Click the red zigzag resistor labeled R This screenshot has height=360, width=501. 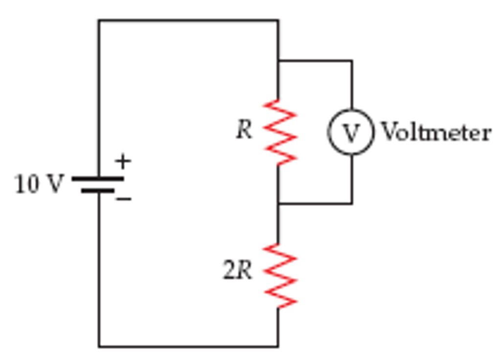pos(280,132)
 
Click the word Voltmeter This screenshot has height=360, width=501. pos(435,133)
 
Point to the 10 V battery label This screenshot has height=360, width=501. pos(39,184)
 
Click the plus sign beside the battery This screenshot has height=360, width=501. pos(123,161)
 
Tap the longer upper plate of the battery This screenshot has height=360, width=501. pos(98,179)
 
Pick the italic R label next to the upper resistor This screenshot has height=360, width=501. pos(244,130)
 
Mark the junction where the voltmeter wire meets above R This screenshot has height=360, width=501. pos(278,61)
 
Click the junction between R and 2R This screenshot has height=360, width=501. pos(278,203)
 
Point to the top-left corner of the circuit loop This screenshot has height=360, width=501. pos(99,21)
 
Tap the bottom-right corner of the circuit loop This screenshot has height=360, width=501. pos(278,347)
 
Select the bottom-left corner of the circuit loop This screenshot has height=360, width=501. pos(99,347)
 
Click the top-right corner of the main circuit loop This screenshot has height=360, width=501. pos(278,21)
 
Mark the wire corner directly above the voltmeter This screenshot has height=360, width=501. pos(351,61)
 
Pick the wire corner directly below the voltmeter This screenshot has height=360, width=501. pos(351,203)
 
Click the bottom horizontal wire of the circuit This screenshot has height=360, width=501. pos(188,347)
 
